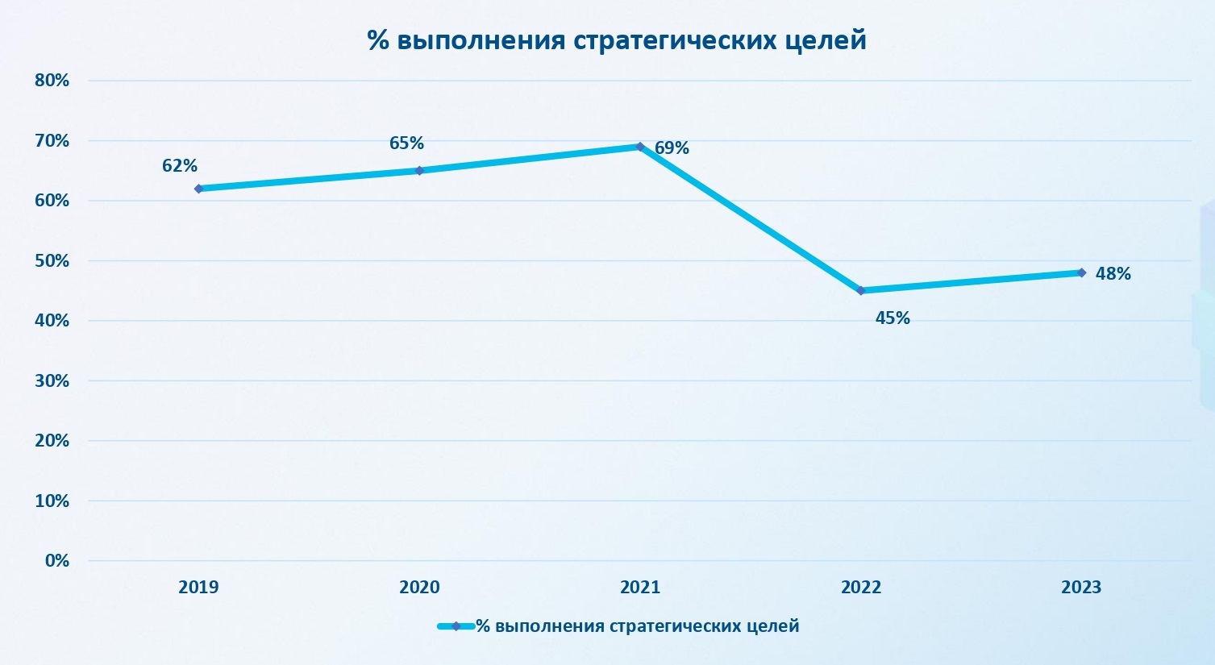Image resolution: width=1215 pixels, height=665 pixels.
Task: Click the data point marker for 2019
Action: [198, 189]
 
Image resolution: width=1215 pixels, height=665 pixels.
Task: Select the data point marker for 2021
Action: [640, 147]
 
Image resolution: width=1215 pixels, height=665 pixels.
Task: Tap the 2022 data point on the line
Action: [861, 290]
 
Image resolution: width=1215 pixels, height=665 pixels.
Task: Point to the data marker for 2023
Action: [1081, 272]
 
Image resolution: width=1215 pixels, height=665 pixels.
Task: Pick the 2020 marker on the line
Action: [419, 170]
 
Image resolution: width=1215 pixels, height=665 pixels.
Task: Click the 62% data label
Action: [180, 165]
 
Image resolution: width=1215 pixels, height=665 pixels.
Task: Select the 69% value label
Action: [672, 148]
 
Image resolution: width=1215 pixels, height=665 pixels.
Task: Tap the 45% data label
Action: [893, 318]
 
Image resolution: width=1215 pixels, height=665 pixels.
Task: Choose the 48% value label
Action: [1113, 273]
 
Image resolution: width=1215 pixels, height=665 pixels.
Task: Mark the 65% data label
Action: [406, 143]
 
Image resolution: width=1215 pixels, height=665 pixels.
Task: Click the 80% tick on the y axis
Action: [52, 81]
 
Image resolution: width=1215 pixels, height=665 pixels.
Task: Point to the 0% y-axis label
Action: [57, 560]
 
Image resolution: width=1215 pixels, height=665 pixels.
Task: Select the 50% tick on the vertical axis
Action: [52, 260]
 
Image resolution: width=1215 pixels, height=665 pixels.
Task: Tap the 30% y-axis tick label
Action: [52, 380]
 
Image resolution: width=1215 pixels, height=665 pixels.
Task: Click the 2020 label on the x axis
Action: [419, 587]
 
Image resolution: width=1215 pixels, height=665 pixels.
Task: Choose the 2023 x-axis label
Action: [1081, 587]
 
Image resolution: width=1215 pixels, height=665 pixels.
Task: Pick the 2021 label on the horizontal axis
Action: [640, 587]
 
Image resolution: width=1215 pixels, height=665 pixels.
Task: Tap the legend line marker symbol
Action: [456, 626]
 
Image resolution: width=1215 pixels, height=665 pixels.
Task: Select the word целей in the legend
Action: [772, 626]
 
